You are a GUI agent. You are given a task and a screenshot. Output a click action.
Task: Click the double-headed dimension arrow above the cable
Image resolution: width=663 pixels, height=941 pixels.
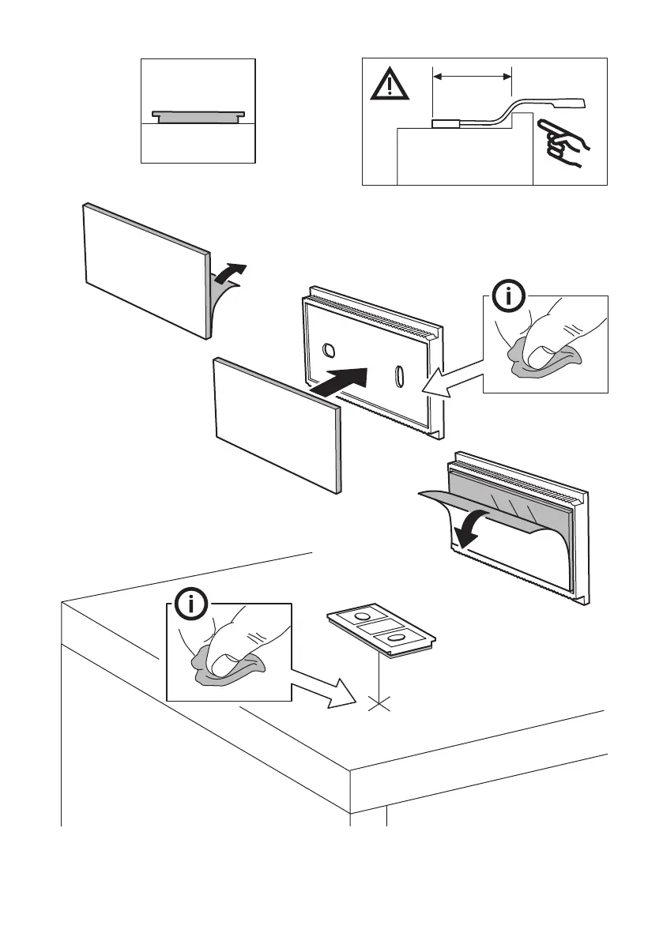(x=473, y=77)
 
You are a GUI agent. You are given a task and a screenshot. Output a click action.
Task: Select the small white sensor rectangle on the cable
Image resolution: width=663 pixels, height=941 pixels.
(x=448, y=123)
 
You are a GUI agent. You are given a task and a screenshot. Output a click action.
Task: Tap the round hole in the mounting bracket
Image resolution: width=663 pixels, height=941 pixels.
(x=330, y=349)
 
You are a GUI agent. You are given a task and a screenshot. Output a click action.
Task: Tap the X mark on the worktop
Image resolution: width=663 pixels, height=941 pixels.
(x=380, y=703)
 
